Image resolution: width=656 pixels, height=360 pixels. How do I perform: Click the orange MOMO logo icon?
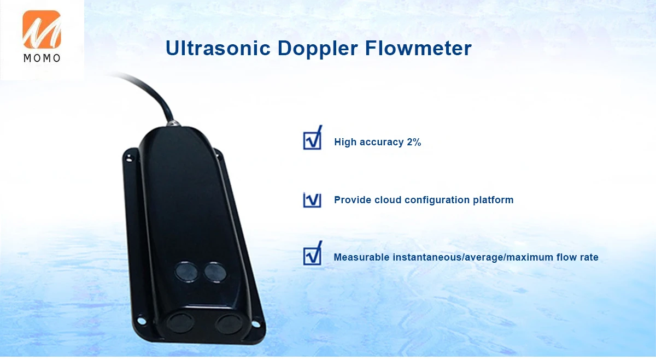[42, 29]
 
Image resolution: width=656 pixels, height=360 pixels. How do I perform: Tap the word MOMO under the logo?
[42, 58]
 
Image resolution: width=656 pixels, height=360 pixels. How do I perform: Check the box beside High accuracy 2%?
[312, 140]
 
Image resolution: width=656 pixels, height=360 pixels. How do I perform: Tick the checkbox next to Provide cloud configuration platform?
[312, 199]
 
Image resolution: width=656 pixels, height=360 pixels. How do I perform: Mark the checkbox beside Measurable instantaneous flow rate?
[312, 255]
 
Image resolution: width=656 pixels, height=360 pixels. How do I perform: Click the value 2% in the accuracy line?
[414, 142]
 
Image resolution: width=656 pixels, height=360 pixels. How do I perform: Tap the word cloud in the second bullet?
[388, 199]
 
